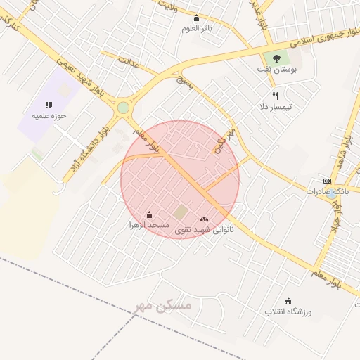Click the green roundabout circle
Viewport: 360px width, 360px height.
[123, 108]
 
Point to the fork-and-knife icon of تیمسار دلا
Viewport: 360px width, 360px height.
[276, 96]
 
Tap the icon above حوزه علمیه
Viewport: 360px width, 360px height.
[49, 104]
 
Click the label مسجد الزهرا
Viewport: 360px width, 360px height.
[148, 225]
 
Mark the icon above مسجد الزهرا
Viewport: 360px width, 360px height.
[148, 214]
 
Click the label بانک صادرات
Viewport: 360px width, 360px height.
[328, 191]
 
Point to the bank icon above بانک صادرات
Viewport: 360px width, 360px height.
[326, 181]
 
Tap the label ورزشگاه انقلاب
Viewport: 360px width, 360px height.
[288, 311]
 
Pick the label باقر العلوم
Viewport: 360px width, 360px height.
[197, 28]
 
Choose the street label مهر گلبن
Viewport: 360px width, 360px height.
[223, 141]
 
